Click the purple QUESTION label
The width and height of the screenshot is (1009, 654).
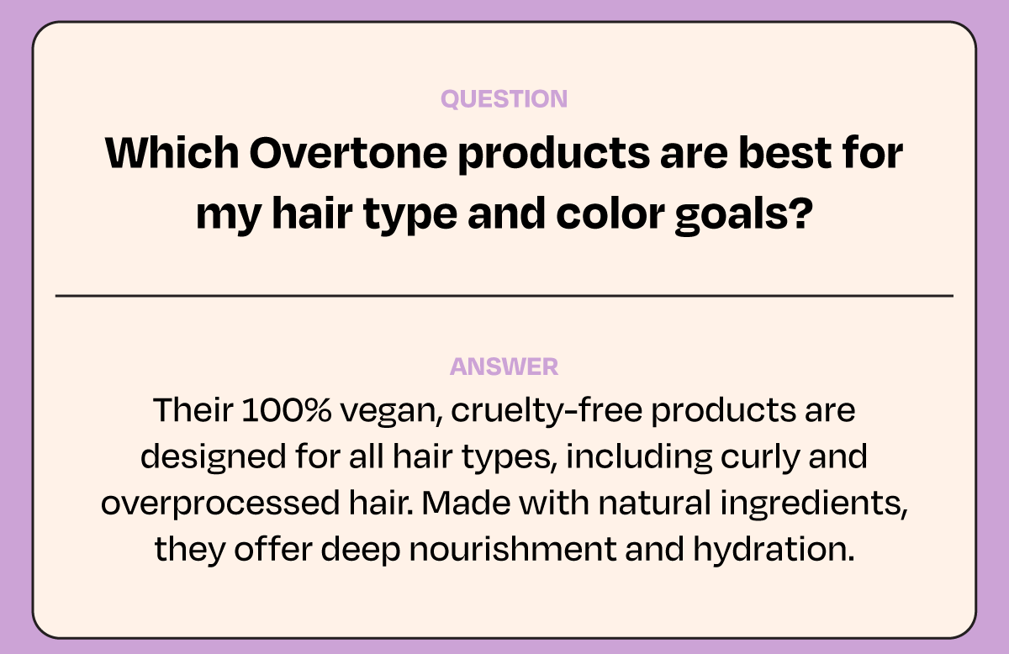pos(504,98)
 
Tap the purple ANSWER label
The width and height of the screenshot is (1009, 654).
pos(504,367)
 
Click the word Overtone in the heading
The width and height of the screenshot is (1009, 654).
pos(348,153)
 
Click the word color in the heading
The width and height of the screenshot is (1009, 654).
pos(610,213)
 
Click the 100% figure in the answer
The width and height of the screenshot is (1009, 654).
pos(287,410)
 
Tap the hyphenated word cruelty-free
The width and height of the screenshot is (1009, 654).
pos(547,411)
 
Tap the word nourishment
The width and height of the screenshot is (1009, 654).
pos(513,549)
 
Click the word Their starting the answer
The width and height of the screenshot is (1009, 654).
pos(193,410)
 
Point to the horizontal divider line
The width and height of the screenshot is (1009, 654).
pos(504,296)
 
